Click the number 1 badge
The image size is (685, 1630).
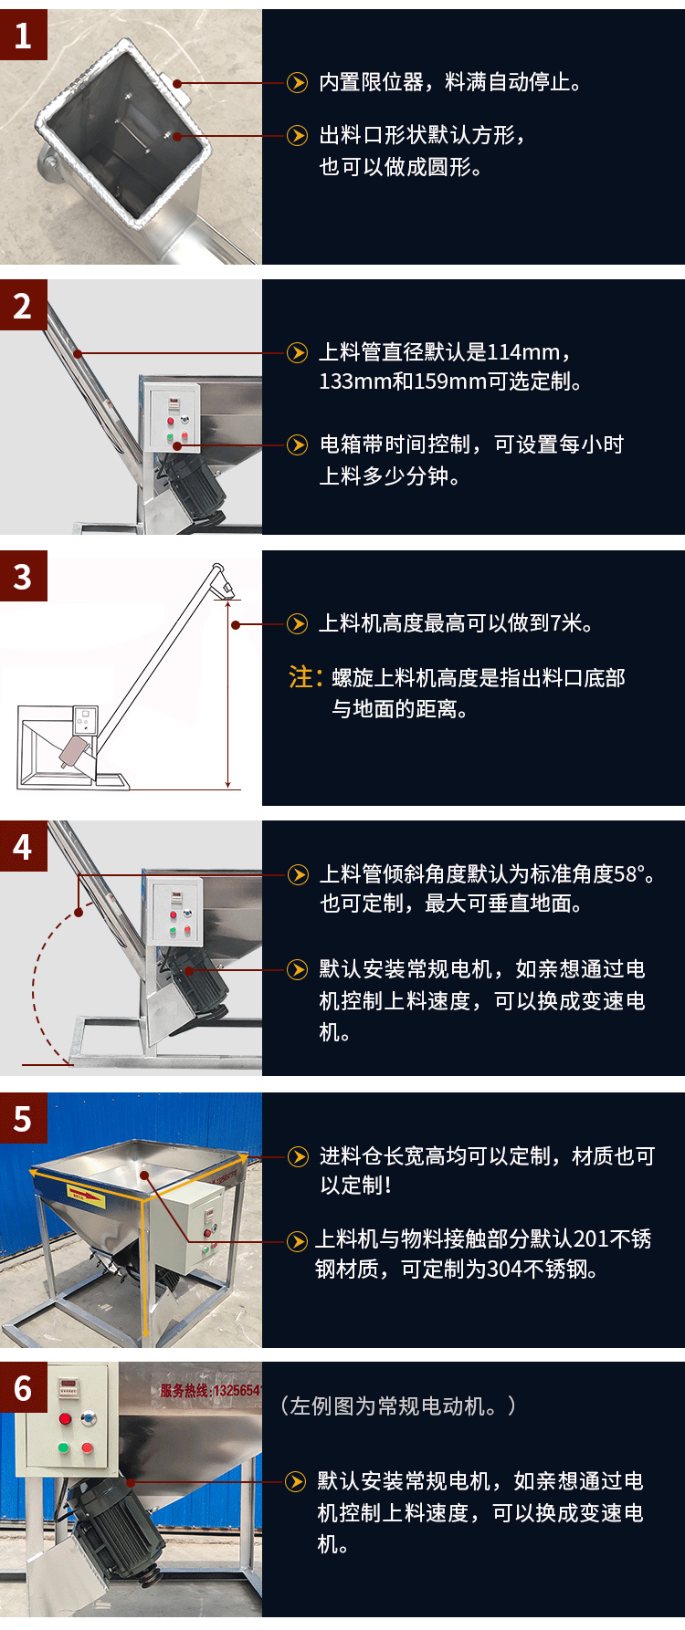pos(23,35)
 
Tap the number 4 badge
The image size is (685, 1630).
pos(23,846)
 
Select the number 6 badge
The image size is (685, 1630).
pos(23,1388)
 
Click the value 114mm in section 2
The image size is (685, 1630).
pos(524,352)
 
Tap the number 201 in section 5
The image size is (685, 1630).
pos(591,1239)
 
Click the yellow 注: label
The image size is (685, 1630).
pos(305,677)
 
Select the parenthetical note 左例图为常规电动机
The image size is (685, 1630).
pos(398,1406)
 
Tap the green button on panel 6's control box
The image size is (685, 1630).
pos(64,1447)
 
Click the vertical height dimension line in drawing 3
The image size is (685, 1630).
pos(228,694)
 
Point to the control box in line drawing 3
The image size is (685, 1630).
pos(85,720)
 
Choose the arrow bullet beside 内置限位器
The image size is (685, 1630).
pos(297,83)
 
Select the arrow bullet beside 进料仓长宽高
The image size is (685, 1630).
pos(298,1156)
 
